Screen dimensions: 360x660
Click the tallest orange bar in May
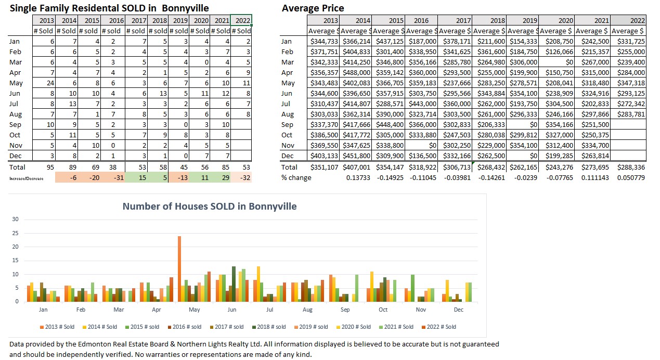coord(179,268)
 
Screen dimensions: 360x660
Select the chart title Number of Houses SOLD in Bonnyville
coord(210,207)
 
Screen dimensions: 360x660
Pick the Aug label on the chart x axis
coord(307,310)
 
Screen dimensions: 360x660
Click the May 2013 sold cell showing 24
coord(46,83)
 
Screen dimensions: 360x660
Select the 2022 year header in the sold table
coord(242,20)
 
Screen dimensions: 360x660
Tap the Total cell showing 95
coord(46,167)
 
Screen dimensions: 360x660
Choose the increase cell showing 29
coord(222,177)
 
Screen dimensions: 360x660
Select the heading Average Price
coord(313,8)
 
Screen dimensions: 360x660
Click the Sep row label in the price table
coord(287,124)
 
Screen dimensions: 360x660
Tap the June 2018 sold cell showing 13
coord(159,93)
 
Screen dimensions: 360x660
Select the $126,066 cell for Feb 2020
coord(558,52)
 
